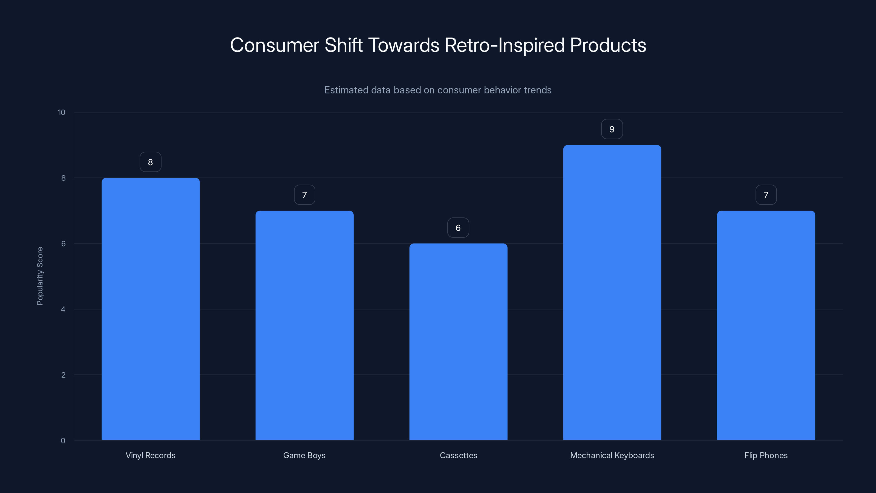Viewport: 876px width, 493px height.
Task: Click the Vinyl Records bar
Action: point(150,309)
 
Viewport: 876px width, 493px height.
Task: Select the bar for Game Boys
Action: point(304,325)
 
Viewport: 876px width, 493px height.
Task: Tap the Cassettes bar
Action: point(458,342)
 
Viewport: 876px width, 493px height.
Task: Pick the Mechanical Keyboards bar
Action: point(612,293)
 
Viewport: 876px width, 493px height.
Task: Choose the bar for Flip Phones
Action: point(766,325)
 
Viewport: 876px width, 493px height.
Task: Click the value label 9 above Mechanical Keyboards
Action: point(612,129)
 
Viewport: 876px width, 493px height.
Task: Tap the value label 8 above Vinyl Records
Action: point(150,162)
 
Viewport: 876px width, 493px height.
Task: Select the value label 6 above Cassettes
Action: point(458,228)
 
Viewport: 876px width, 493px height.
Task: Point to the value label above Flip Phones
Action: point(766,195)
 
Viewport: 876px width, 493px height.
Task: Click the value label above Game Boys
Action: point(304,195)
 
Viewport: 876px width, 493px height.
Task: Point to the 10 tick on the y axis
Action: point(62,113)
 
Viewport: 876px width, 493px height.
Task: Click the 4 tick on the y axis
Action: point(63,309)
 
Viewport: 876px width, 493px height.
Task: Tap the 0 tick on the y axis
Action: point(63,441)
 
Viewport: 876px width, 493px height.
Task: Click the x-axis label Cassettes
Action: point(458,455)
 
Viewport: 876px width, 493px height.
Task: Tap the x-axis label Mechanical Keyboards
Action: point(612,455)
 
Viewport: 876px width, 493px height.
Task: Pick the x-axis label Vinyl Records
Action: point(150,455)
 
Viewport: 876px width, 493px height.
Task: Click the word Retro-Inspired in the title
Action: point(505,45)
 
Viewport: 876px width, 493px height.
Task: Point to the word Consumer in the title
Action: point(274,45)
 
